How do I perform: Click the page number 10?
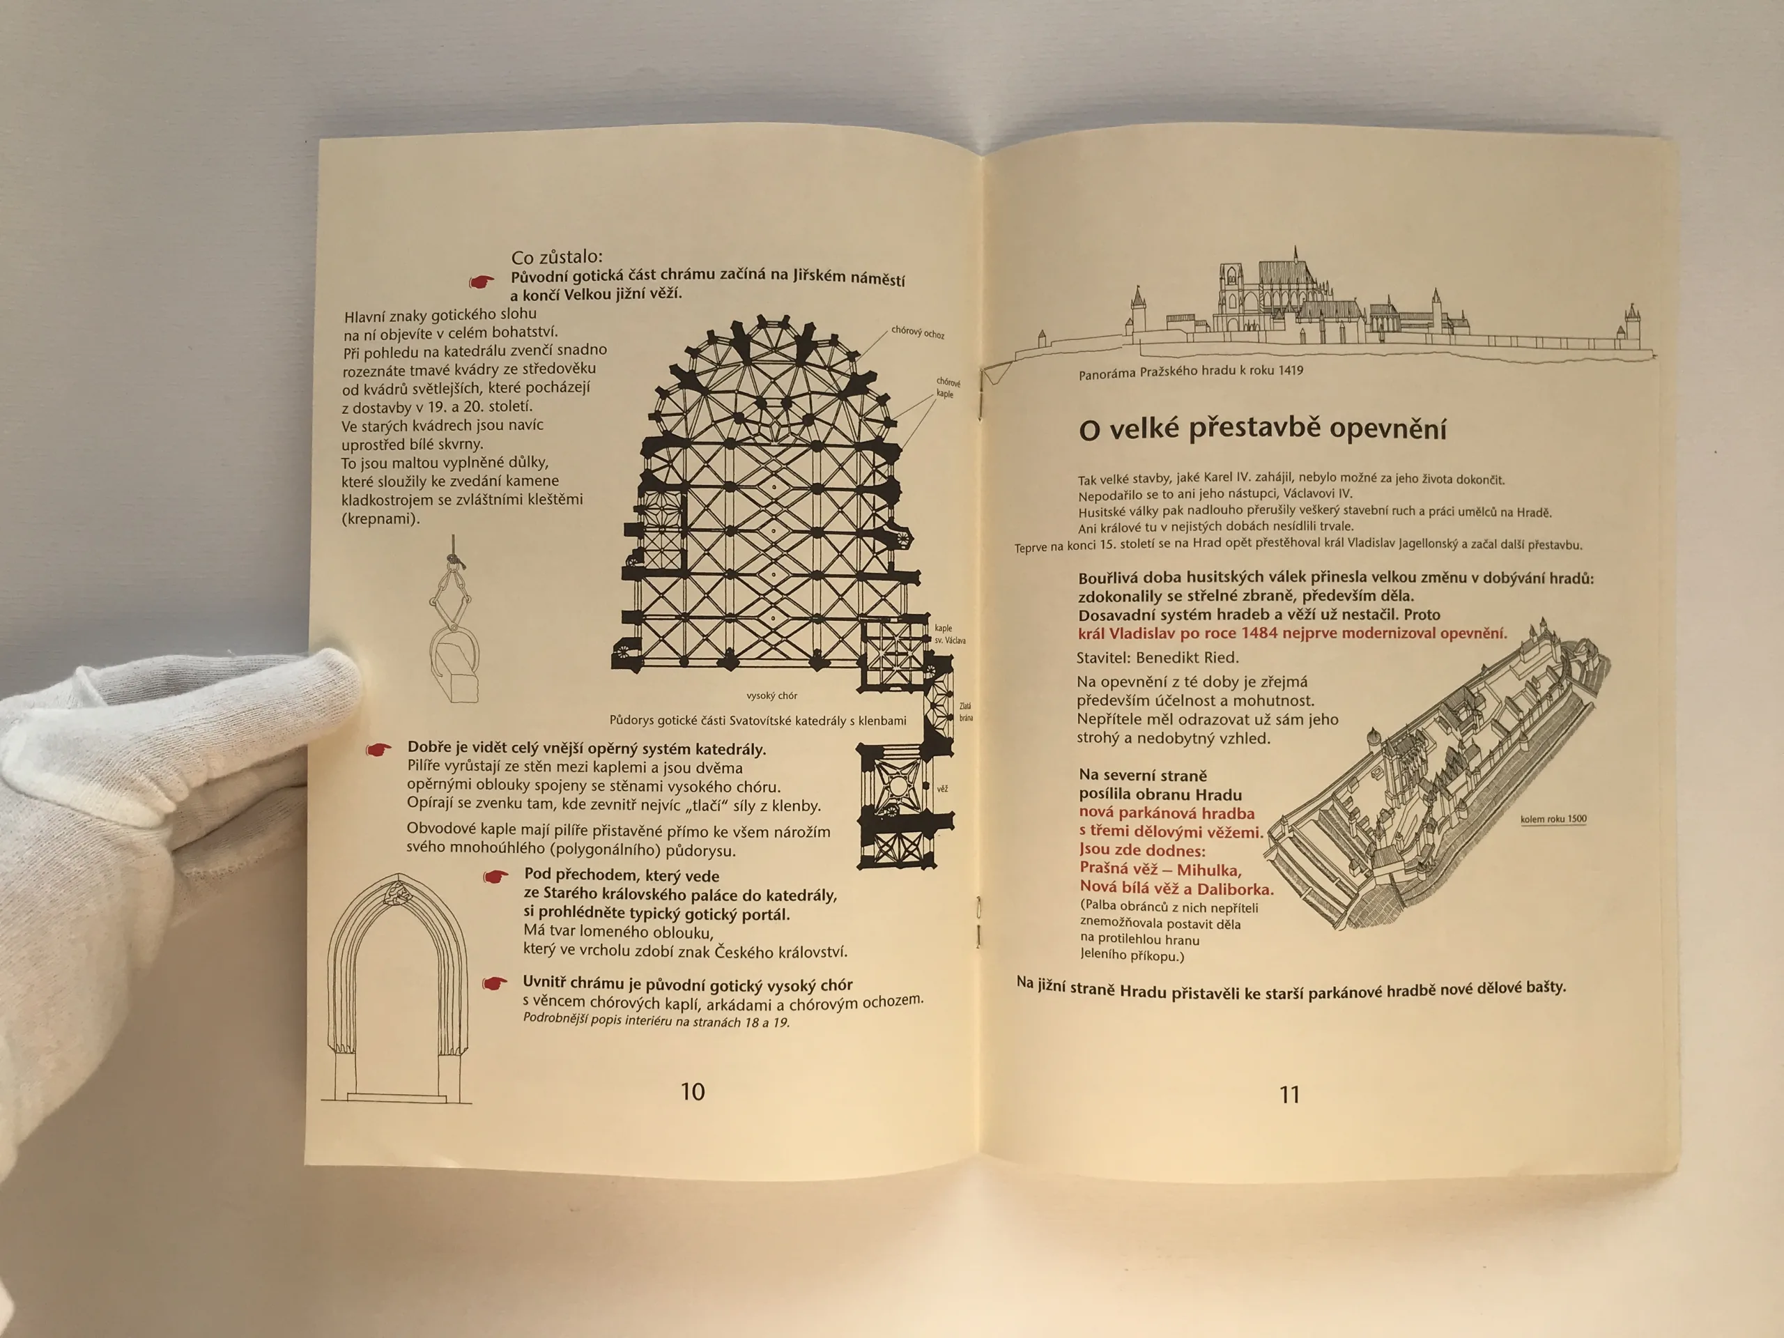693,1091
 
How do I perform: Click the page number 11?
1290,1094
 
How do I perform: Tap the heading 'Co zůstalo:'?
557,257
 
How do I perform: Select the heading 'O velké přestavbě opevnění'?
1262,429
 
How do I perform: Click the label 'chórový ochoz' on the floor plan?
918,332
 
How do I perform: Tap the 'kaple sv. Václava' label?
949,634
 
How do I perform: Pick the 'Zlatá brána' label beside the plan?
965,712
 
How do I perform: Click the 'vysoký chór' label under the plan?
772,695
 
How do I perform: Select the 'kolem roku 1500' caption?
1553,819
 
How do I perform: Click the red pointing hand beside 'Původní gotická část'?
482,282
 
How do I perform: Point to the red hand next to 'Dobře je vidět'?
378,749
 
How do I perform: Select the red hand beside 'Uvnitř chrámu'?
495,983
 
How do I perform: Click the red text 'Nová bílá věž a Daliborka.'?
1177,889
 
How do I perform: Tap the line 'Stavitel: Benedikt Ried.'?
1158,657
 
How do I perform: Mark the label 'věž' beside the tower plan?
942,788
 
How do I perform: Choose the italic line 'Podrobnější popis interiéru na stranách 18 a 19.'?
656,1020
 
